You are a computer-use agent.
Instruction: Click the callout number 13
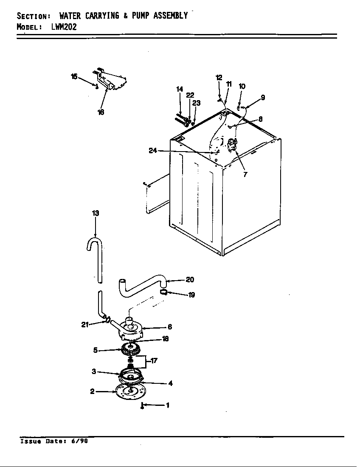(x=96, y=213)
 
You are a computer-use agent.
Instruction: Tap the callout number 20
(x=190, y=279)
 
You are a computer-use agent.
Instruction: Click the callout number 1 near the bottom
(x=167, y=405)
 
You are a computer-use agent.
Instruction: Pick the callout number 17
(x=154, y=361)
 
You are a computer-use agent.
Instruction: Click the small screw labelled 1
(x=143, y=407)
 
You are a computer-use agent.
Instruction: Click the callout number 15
(x=74, y=76)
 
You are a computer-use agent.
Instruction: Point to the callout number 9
(x=263, y=97)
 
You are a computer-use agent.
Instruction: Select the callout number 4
(x=170, y=383)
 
